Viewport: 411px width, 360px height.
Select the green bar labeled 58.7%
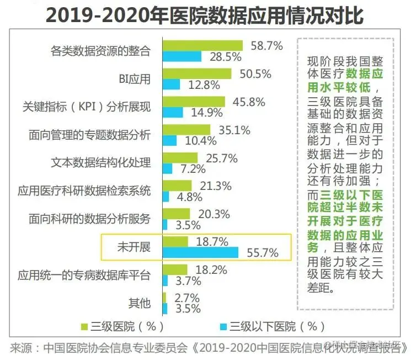202,45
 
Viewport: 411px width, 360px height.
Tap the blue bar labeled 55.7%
201,252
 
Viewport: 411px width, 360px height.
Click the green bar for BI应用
197,73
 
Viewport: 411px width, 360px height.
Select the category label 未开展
134,246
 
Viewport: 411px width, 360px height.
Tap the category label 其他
139,303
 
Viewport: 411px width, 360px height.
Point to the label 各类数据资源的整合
100,51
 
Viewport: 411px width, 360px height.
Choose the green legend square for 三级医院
84,326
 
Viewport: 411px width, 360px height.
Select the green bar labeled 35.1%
186,130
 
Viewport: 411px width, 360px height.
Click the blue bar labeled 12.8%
172,84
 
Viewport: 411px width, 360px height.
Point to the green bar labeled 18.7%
175,241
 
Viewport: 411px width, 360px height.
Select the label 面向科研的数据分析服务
89,218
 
